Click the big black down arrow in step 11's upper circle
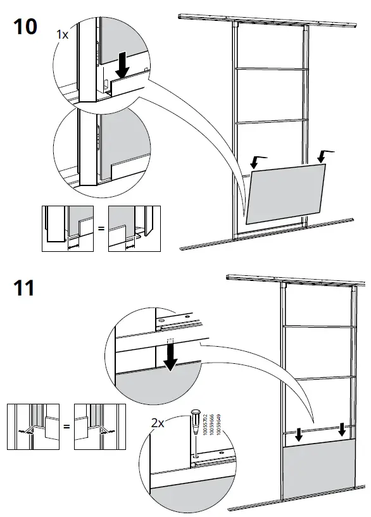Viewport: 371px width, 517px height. pyautogui.click(x=170, y=358)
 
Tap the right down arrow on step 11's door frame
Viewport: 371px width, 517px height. pyautogui.click(x=342, y=429)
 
